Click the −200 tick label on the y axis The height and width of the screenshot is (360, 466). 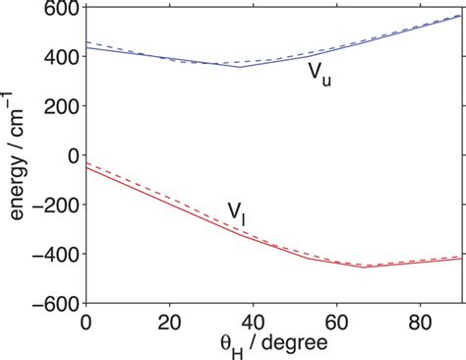(57, 205)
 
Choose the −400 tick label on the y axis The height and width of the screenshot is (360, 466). (57, 254)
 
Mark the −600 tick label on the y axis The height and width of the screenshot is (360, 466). (57, 303)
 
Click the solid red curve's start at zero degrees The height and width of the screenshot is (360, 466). (87, 168)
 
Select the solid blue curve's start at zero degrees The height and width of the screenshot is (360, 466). (87, 47)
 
